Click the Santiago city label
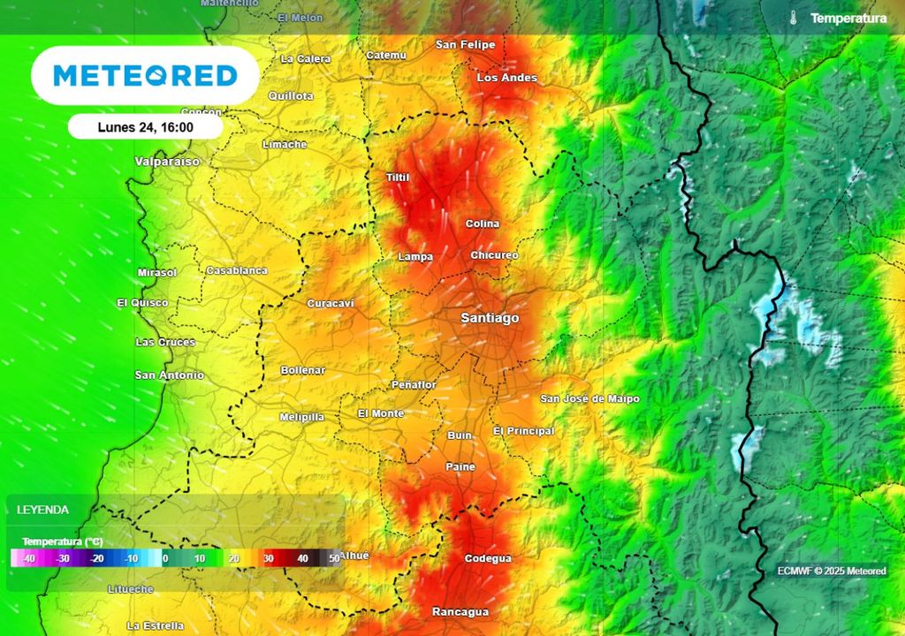(x=490, y=318)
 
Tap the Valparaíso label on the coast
(x=168, y=162)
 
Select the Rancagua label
(x=460, y=611)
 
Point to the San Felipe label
(x=465, y=44)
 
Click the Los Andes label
(x=506, y=78)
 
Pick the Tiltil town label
(x=398, y=178)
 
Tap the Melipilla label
(x=301, y=417)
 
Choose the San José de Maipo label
(x=589, y=399)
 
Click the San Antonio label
(x=169, y=375)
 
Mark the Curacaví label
(x=331, y=304)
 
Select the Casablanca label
(x=236, y=270)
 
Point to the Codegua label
(x=488, y=558)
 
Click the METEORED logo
(x=145, y=75)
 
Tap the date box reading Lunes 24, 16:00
(x=146, y=127)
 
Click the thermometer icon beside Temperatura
(x=795, y=19)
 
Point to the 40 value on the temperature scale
(x=302, y=558)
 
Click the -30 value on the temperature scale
(x=63, y=558)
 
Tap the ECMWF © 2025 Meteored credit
(x=831, y=571)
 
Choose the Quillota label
(x=291, y=95)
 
